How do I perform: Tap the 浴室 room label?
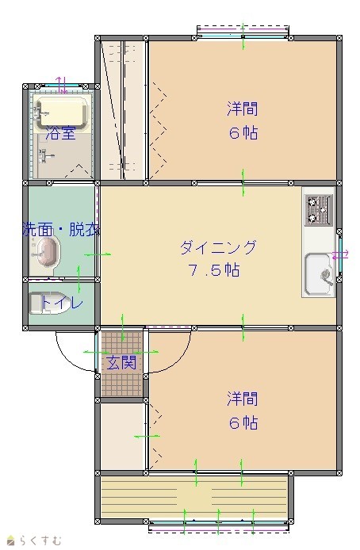click(x=61, y=133)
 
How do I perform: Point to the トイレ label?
click(x=62, y=303)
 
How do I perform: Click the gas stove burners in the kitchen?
click(x=318, y=211)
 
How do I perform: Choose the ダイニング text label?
click(x=218, y=247)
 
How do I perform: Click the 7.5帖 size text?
click(x=214, y=270)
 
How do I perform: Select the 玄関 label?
click(x=122, y=362)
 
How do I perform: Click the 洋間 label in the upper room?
click(x=243, y=109)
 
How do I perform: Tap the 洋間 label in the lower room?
click(x=243, y=399)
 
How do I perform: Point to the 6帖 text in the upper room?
click(x=243, y=133)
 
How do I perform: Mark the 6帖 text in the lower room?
click(x=243, y=423)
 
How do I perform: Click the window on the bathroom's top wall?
click(x=61, y=86)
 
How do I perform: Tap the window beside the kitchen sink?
click(x=339, y=255)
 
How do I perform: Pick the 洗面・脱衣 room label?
click(x=61, y=229)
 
